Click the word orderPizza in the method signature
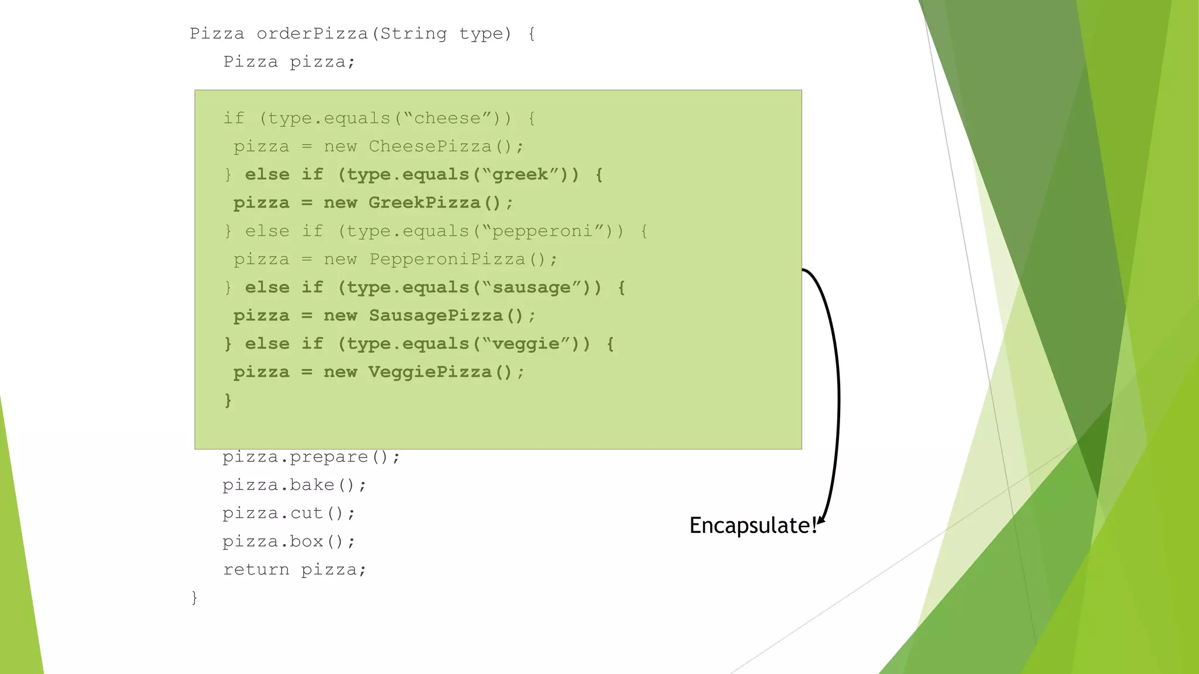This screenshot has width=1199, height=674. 312,34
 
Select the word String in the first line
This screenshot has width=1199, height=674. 413,34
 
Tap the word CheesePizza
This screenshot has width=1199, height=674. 430,146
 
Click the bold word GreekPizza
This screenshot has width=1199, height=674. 424,203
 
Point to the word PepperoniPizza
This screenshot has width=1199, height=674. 447,259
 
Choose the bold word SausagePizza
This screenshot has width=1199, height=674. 436,316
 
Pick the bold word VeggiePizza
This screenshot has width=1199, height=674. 430,372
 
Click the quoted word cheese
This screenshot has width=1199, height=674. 447,118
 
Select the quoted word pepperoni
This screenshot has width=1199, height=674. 542,231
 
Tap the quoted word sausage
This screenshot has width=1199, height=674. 531,288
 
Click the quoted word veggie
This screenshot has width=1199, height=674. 526,344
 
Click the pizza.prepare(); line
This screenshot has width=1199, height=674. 311,457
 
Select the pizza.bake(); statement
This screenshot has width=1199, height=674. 294,485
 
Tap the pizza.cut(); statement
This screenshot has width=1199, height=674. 289,513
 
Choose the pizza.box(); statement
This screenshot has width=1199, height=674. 289,541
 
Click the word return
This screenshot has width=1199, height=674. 256,570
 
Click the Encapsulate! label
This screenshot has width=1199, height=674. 752,525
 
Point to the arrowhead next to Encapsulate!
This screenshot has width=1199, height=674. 822,520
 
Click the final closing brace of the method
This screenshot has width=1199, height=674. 194,597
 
